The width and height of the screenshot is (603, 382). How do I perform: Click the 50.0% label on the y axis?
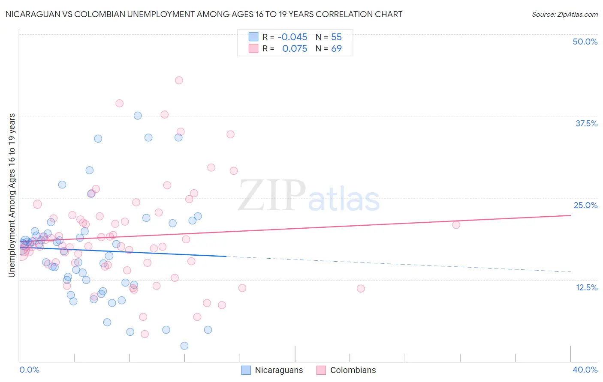point(585,42)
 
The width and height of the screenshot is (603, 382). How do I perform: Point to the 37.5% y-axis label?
point(586,123)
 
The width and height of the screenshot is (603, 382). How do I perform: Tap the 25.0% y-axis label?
point(585,205)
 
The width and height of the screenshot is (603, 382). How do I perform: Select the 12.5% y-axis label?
point(586,287)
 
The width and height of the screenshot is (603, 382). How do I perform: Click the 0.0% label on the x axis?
point(29,370)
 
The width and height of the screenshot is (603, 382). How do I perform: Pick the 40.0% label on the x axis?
point(585,370)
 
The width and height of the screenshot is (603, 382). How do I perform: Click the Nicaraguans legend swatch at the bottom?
point(246,370)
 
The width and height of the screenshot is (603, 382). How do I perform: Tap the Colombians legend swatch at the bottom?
point(321,370)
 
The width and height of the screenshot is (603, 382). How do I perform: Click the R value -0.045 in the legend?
point(292,37)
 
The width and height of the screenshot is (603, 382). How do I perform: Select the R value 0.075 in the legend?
point(295,49)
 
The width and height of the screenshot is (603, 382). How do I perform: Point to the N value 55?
point(336,37)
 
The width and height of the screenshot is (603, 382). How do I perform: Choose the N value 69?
point(336,49)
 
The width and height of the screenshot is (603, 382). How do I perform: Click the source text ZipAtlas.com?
point(564,14)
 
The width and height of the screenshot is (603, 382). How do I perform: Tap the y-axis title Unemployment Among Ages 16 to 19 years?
point(12,195)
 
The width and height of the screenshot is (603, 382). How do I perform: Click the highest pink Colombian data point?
point(179,81)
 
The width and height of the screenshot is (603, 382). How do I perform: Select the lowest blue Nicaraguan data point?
point(184,346)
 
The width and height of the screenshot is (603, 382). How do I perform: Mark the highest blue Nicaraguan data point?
point(138,116)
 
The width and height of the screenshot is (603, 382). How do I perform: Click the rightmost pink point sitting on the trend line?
point(456,225)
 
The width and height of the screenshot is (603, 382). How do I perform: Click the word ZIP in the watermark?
point(271,196)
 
